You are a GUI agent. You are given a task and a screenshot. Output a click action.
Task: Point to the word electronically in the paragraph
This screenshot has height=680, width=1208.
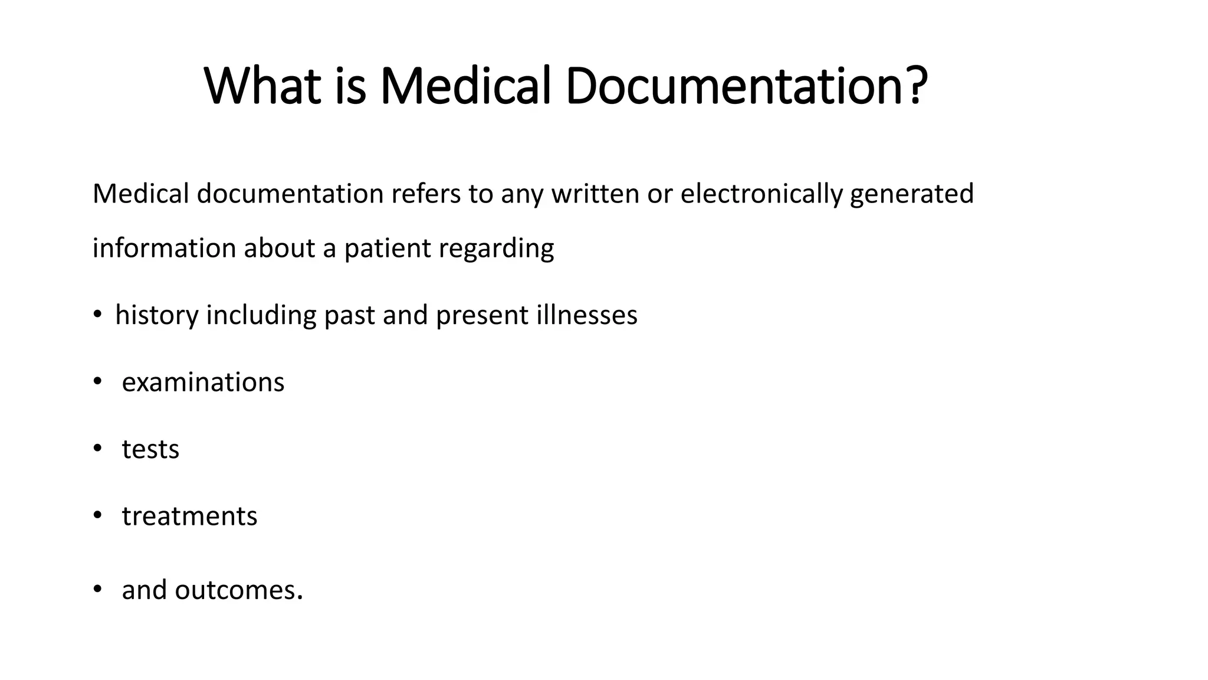click(x=761, y=194)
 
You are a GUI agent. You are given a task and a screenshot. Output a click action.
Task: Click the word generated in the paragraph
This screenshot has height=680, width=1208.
click(x=911, y=194)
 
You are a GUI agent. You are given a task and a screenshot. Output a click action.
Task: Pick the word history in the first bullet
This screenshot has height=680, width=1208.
click(x=157, y=315)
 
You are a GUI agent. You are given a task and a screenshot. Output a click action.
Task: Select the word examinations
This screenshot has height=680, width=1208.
click(x=203, y=382)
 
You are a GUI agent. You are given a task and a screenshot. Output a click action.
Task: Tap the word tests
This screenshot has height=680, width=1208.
click(x=150, y=450)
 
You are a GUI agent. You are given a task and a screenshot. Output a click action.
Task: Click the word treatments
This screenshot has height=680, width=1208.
click(x=189, y=516)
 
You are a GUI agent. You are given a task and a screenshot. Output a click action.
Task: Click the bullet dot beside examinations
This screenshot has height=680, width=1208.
click(x=97, y=382)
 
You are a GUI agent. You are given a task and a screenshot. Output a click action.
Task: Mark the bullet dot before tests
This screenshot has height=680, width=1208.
click(x=97, y=449)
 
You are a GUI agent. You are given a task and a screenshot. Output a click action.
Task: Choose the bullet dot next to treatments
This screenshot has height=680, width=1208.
click(x=97, y=515)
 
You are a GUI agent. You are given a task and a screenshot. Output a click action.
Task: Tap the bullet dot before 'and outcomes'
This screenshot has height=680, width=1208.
click(x=97, y=589)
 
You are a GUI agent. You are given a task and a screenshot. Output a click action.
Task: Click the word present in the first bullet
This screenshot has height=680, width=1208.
click(x=482, y=315)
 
